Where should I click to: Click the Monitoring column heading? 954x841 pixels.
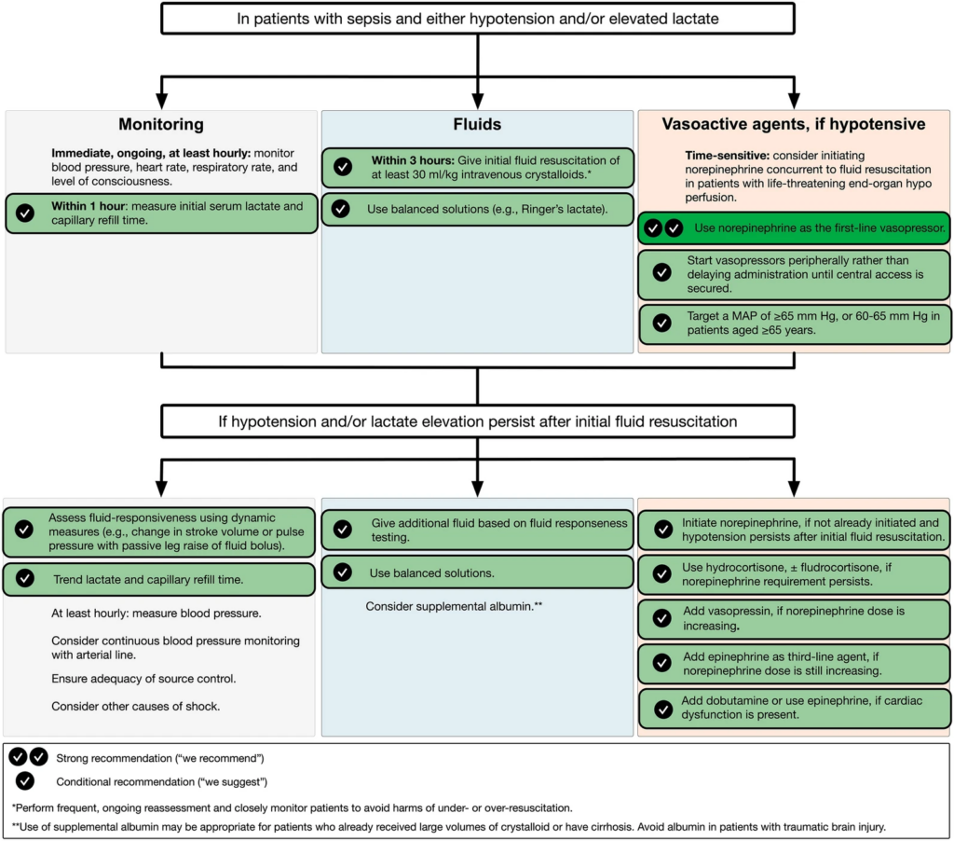[x=161, y=124]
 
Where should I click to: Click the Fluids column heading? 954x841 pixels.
[x=476, y=124]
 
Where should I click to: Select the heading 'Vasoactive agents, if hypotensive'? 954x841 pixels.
[x=793, y=124]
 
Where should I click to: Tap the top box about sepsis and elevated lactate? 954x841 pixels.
[x=477, y=18]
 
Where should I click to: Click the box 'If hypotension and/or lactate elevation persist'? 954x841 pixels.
[x=477, y=421]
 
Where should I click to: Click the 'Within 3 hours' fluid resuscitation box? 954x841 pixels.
[x=477, y=168]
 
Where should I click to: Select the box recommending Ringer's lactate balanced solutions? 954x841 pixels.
[x=477, y=210]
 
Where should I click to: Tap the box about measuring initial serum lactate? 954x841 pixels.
[x=162, y=213]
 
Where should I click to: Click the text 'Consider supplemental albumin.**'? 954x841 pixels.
[x=454, y=607]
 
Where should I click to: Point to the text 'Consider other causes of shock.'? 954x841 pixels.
[x=136, y=706]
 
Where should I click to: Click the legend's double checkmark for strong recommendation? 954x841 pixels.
[x=28, y=757]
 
